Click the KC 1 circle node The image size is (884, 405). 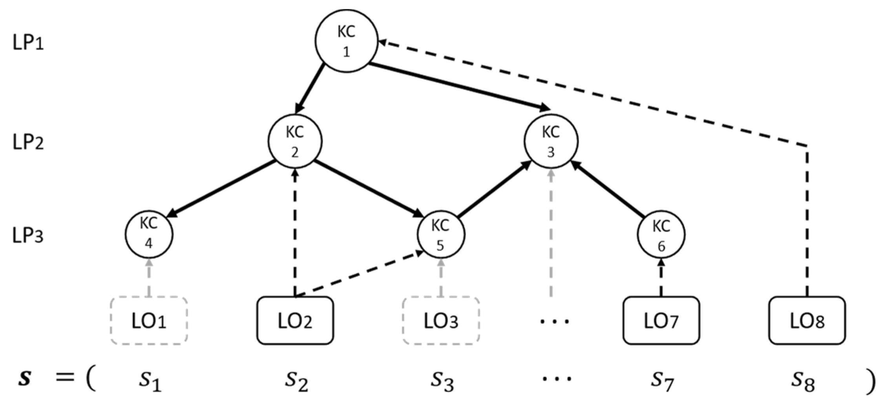click(x=346, y=41)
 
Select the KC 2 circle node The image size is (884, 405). click(x=295, y=141)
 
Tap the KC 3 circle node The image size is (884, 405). click(x=551, y=141)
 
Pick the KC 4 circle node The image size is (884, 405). click(x=149, y=234)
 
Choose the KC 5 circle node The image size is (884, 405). click(x=440, y=235)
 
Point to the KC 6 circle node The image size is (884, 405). click(x=661, y=235)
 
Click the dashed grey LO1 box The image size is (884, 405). click(x=149, y=321)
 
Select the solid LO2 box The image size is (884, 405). click(x=295, y=321)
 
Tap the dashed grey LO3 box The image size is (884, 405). click(x=441, y=321)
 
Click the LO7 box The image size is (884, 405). click(x=661, y=321)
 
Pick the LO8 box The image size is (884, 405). click(x=807, y=321)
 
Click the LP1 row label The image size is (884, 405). click(x=28, y=42)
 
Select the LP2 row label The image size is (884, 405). click(x=28, y=142)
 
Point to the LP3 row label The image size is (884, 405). click(x=28, y=236)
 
